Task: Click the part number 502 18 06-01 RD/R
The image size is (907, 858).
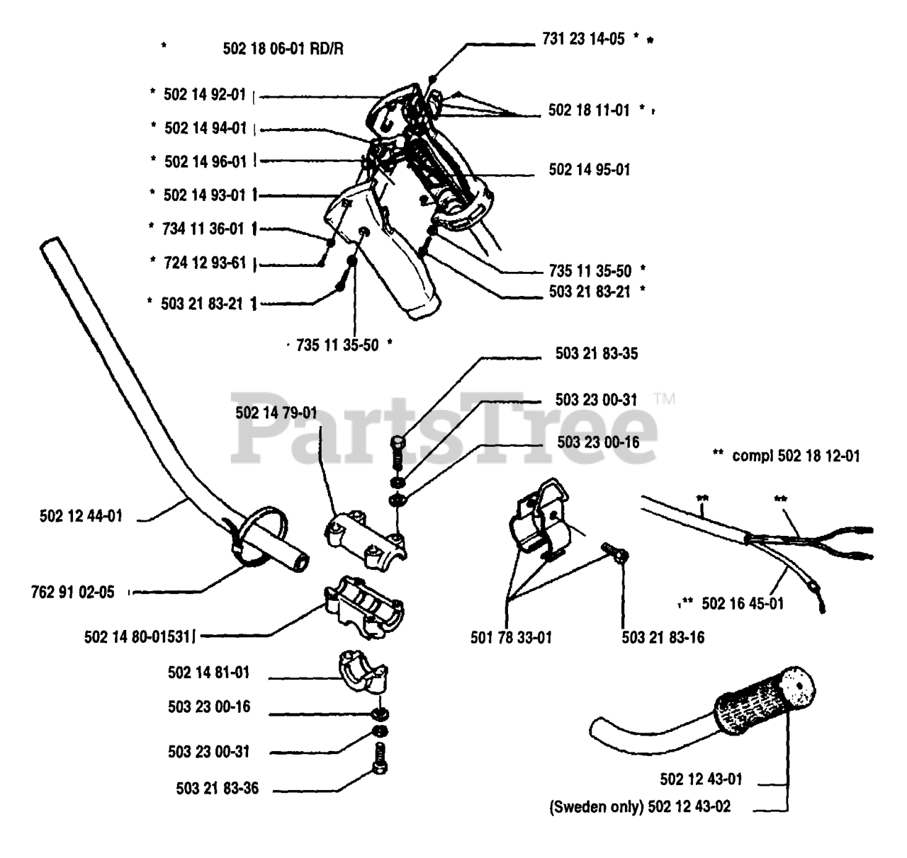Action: (x=284, y=48)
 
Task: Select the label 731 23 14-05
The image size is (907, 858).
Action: (x=583, y=39)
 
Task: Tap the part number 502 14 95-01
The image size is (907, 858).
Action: (x=589, y=170)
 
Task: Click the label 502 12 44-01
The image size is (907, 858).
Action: (x=81, y=516)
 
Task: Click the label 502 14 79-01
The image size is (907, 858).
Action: (x=276, y=413)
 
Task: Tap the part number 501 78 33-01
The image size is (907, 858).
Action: (x=511, y=638)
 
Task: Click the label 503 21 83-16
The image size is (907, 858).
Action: (x=663, y=638)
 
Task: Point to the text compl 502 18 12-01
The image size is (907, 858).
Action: (x=796, y=456)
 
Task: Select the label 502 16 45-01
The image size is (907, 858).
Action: (x=743, y=604)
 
